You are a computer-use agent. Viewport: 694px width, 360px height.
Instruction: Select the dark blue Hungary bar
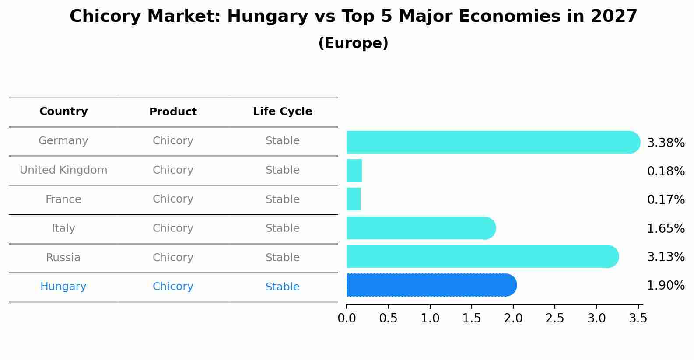click(x=431, y=285)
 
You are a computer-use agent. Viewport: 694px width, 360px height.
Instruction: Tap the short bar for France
click(x=354, y=199)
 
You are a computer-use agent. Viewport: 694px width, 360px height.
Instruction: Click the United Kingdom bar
click(x=354, y=171)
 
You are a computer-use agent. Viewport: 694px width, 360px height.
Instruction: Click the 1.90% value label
click(x=666, y=286)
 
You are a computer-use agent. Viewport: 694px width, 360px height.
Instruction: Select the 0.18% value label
click(x=666, y=171)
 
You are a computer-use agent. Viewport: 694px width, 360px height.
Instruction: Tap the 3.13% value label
click(x=666, y=257)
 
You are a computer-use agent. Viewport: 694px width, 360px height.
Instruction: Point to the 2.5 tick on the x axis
click(x=555, y=318)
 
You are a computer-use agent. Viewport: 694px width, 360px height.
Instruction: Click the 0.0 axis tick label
click(x=347, y=318)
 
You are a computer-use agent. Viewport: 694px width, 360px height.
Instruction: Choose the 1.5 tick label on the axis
click(x=472, y=318)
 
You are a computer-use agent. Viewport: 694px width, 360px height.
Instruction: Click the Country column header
click(x=63, y=112)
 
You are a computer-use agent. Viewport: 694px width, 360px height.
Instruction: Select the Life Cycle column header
click(x=282, y=112)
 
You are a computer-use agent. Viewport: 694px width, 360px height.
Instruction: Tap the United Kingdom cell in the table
click(x=63, y=170)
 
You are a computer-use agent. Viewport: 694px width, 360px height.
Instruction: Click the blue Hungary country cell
click(x=63, y=287)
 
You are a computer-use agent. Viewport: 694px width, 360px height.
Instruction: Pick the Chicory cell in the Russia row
click(x=173, y=258)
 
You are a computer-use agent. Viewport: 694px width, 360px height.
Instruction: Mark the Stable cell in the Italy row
click(x=282, y=228)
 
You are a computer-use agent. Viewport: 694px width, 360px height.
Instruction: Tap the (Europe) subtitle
click(x=353, y=43)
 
